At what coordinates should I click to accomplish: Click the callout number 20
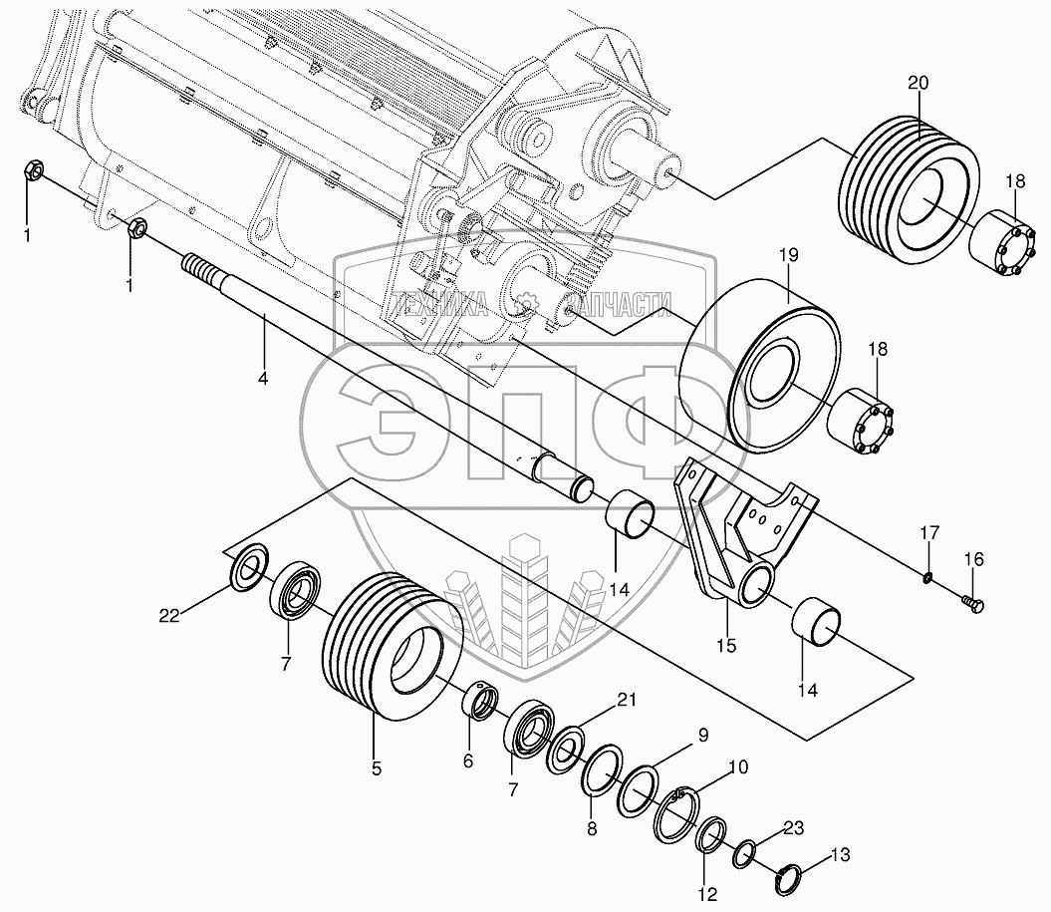pos(919,83)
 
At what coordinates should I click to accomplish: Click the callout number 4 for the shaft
pos(263,378)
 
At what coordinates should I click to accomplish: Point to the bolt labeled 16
pos(972,605)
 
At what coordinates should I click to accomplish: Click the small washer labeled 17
pos(927,576)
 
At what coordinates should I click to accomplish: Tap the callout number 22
pos(169,615)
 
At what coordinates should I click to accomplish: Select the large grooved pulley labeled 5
pos(393,646)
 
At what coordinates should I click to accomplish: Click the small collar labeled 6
pos(480,702)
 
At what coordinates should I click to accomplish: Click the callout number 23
pos(793,828)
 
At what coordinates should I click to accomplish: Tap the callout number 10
pos(737,766)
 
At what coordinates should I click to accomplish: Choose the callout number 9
pos(702,736)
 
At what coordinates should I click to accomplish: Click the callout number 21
pos(626,700)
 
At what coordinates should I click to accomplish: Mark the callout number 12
pos(707,894)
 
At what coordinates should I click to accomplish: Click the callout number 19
pos(789,255)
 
